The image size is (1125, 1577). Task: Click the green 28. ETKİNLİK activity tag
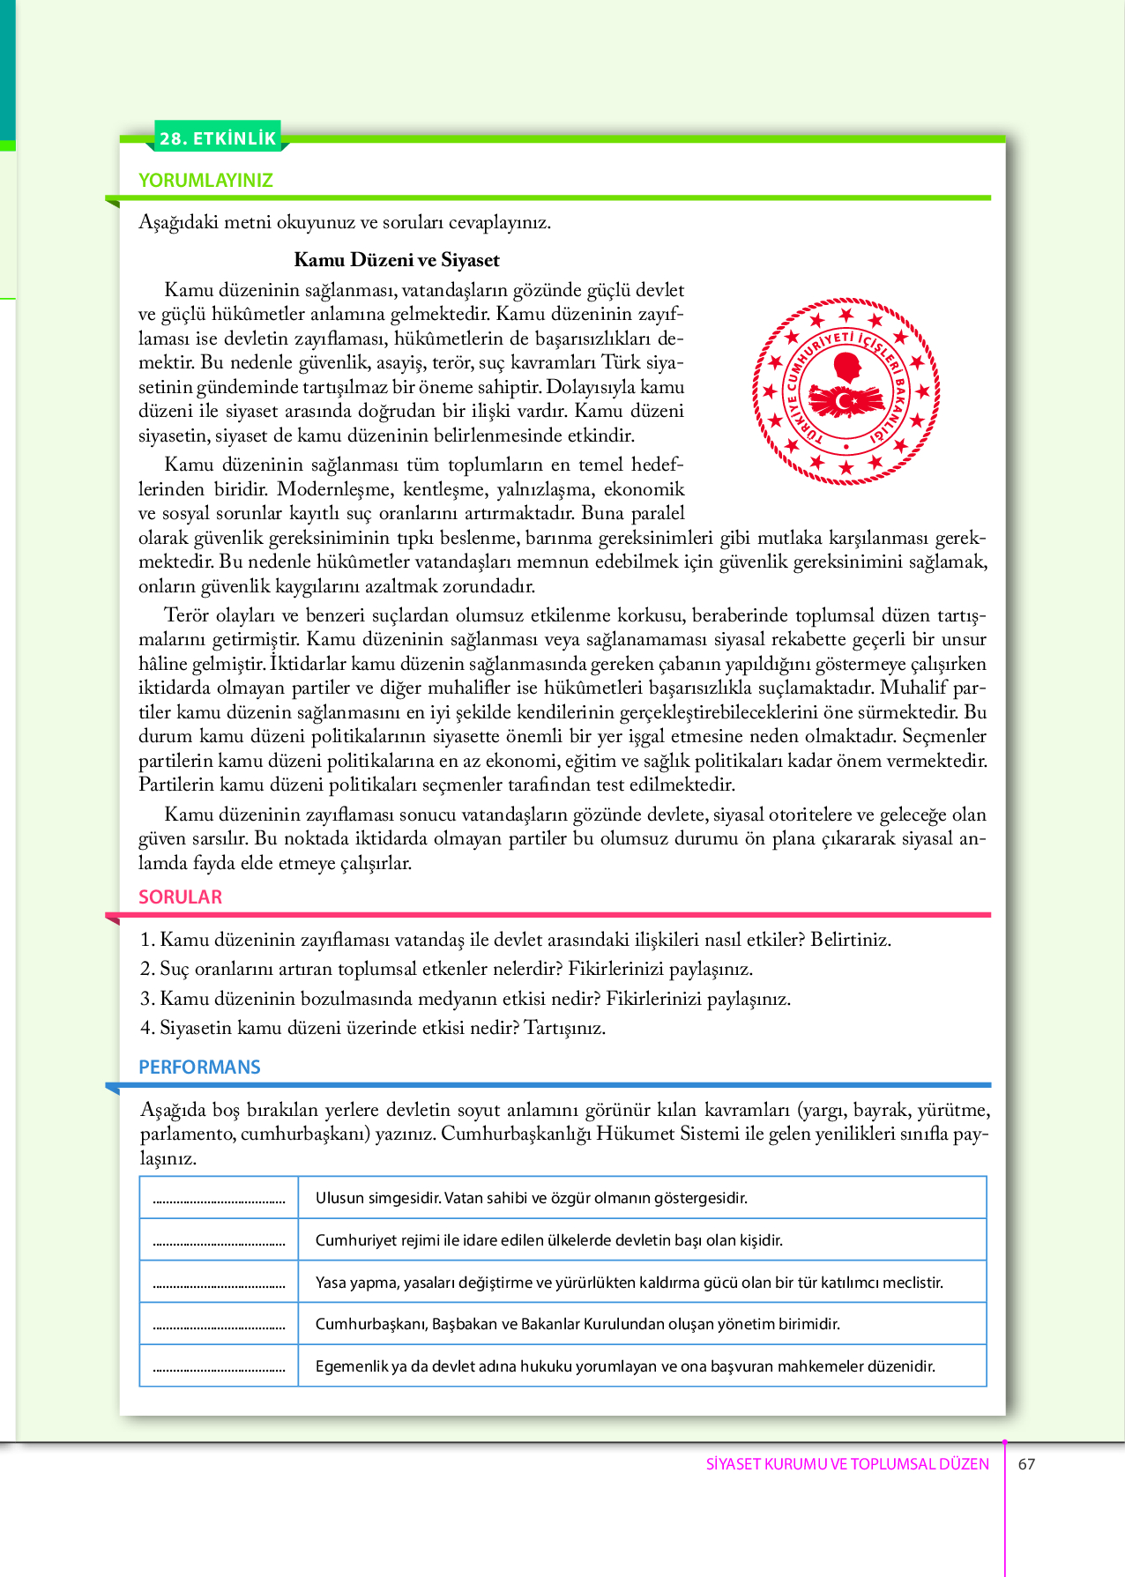pyautogui.click(x=219, y=138)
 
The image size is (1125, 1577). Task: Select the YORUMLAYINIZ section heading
pyautogui.click(x=205, y=180)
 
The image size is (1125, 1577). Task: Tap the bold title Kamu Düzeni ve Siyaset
pyautogui.click(x=396, y=260)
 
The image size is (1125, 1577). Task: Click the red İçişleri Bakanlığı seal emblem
pyautogui.click(x=846, y=391)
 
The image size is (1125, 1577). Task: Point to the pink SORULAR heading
pyautogui.click(x=180, y=896)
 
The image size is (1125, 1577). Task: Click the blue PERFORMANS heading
pyautogui.click(x=199, y=1067)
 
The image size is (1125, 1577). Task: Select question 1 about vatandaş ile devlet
pyautogui.click(x=516, y=940)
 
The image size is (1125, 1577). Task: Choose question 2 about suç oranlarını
pyautogui.click(x=447, y=969)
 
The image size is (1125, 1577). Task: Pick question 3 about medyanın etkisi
pyautogui.click(x=466, y=999)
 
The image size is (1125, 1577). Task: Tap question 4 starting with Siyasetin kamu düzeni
pyautogui.click(x=373, y=1028)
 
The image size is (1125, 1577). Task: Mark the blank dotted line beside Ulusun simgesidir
pyautogui.click(x=219, y=1200)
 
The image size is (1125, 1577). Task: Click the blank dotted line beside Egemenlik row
pyautogui.click(x=219, y=1369)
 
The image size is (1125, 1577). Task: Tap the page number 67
pyautogui.click(x=1026, y=1464)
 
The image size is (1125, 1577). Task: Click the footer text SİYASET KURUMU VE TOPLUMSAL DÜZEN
pyautogui.click(x=847, y=1464)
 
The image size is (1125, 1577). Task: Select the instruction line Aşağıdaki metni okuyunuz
pyautogui.click(x=344, y=222)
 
